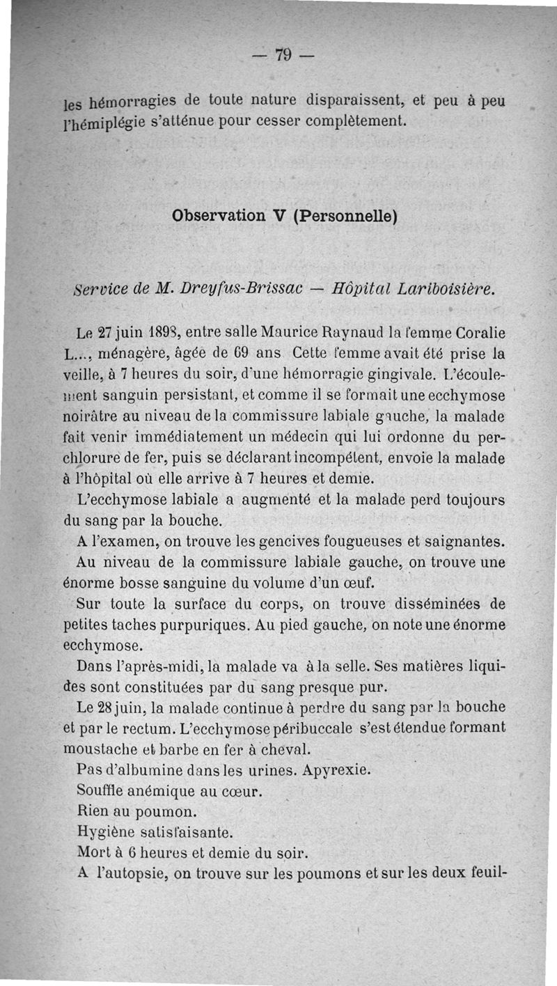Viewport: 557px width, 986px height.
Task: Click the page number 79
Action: click(282, 54)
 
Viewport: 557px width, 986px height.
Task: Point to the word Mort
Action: click(89, 853)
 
